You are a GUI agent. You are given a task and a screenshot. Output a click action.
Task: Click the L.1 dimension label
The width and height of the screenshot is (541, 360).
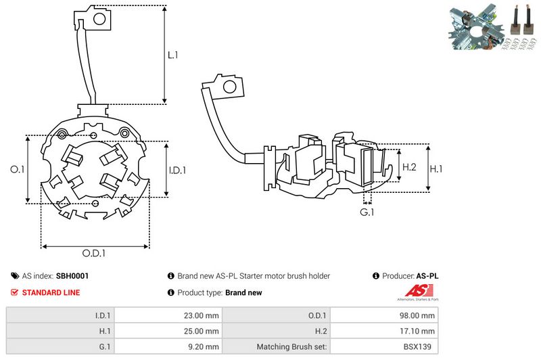tap(172, 55)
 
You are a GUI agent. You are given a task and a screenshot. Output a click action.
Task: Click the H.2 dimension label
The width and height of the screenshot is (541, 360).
tap(409, 166)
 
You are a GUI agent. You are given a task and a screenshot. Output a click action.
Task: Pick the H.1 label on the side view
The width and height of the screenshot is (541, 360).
tap(438, 166)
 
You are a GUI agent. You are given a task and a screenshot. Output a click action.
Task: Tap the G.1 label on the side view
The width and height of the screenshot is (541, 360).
tap(367, 212)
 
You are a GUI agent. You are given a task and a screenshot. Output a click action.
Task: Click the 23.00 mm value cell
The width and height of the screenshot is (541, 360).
tap(202, 315)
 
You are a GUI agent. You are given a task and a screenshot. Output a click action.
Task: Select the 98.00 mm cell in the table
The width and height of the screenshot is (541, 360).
tap(418, 315)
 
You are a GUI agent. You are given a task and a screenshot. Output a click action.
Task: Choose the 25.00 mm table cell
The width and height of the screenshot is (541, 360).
tap(202, 331)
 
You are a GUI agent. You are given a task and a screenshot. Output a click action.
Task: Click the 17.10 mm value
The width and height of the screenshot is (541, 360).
tap(418, 331)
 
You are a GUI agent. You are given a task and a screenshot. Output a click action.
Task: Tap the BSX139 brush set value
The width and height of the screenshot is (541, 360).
tap(421, 347)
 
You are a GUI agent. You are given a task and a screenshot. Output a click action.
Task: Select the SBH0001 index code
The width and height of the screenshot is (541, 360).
tap(72, 276)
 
